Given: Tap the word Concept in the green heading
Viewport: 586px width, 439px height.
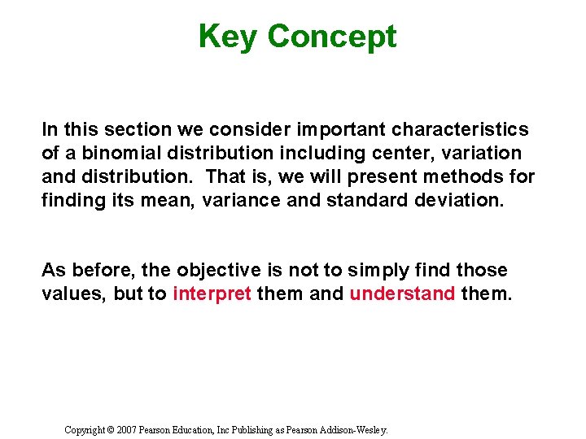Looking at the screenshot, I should (x=331, y=37).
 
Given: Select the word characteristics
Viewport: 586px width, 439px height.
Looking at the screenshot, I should (x=460, y=129).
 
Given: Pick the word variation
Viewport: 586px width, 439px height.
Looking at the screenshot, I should (x=480, y=153).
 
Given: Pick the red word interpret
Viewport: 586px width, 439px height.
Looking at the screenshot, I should (x=212, y=293).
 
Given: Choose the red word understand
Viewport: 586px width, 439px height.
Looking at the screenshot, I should (x=402, y=293).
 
